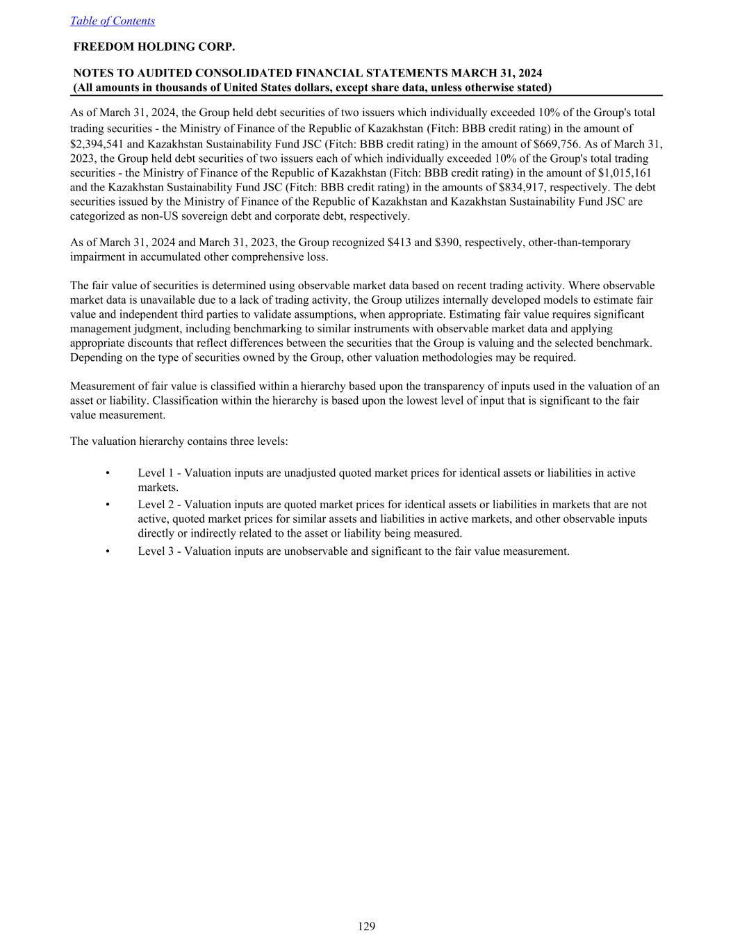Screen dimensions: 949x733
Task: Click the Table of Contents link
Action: [x=113, y=21]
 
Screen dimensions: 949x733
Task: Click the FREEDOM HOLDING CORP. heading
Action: [x=154, y=47]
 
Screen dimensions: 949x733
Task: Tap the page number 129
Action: [x=367, y=926]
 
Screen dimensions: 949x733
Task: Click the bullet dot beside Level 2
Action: [x=107, y=505]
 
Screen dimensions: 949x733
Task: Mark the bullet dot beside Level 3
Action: [x=107, y=551]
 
